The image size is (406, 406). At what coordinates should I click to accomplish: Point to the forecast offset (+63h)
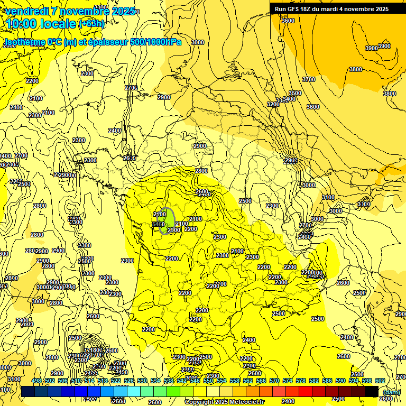[91, 24]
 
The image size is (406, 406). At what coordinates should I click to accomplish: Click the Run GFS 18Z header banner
[331, 9]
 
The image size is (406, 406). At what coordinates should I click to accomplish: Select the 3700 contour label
[308, 79]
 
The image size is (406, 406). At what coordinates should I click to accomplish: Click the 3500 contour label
[294, 93]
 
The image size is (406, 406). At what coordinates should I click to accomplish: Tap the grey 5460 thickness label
[158, 225]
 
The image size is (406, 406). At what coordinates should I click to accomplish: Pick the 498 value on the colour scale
[36, 381]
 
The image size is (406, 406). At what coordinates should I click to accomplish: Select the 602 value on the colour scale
[380, 381]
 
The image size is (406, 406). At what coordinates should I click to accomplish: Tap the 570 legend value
[274, 381]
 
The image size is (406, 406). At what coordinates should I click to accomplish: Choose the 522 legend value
[116, 381]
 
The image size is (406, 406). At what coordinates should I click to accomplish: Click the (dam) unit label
[391, 392]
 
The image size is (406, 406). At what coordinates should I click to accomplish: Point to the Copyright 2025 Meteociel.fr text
[224, 402]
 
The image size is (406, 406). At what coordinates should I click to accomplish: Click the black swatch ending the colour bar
[371, 391]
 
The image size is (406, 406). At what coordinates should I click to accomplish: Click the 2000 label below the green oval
[173, 230]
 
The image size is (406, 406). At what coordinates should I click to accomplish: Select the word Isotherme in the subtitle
[24, 42]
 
